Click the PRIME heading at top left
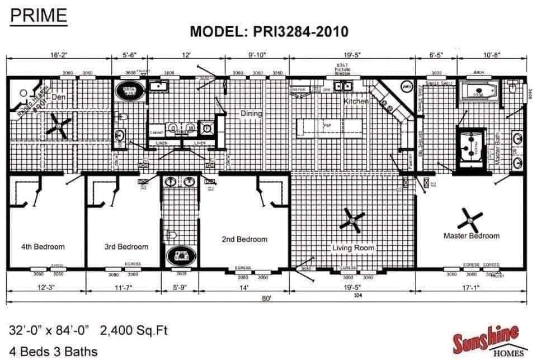click(x=39, y=16)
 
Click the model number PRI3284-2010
click(x=269, y=31)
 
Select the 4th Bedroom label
click(x=43, y=247)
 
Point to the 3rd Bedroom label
click(x=126, y=247)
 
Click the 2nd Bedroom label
click(x=244, y=239)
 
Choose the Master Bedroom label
click(x=471, y=236)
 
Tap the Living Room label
click(x=353, y=248)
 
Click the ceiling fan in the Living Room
click(x=353, y=222)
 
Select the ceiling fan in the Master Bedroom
click(x=470, y=221)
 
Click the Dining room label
click(x=251, y=114)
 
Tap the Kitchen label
click(x=356, y=102)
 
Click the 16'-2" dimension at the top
click(x=59, y=55)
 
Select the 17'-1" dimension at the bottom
click(x=470, y=288)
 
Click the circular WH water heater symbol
click(x=407, y=87)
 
